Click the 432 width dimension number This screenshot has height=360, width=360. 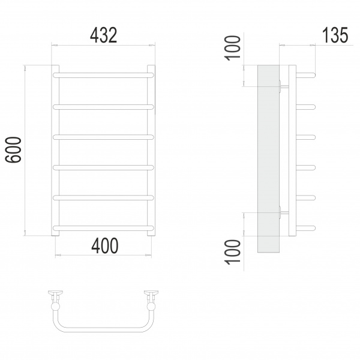click(x=103, y=35)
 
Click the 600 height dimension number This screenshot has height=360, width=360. click(x=13, y=149)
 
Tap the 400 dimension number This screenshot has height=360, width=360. click(x=105, y=245)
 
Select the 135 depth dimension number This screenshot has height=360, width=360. click(x=335, y=35)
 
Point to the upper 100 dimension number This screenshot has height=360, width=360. click(x=233, y=48)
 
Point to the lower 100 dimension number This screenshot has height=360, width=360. click(x=233, y=252)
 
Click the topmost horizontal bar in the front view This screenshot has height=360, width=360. click(x=103, y=75)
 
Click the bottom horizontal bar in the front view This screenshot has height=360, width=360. click(x=103, y=228)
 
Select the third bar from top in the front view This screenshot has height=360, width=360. click(x=103, y=137)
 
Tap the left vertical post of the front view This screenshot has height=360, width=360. click(x=55, y=151)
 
